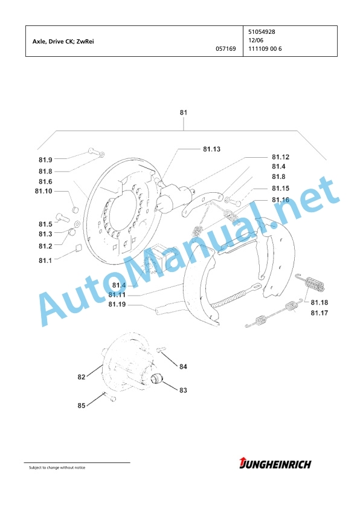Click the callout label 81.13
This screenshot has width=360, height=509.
point(211,149)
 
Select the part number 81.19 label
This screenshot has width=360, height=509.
point(117,305)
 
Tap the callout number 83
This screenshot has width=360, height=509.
point(183,390)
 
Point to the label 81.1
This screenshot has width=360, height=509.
point(45,261)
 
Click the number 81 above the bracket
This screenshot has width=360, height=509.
point(184,112)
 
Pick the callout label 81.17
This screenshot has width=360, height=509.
point(319,313)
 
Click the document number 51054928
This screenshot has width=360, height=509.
point(262,32)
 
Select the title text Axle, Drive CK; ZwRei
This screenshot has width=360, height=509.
point(63,42)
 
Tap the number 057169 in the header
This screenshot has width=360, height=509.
point(226,49)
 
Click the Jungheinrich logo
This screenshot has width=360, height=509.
point(275,464)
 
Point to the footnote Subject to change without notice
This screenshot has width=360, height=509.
point(57,467)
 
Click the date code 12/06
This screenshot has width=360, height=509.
point(256,41)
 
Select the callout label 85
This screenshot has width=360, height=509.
point(82,406)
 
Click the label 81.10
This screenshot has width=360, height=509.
point(43,191)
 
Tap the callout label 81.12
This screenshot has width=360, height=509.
point(280,157)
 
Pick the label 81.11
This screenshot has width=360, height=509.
point(117,295)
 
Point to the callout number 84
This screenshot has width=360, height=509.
point(183,366)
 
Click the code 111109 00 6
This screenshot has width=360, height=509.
point(265,49)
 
